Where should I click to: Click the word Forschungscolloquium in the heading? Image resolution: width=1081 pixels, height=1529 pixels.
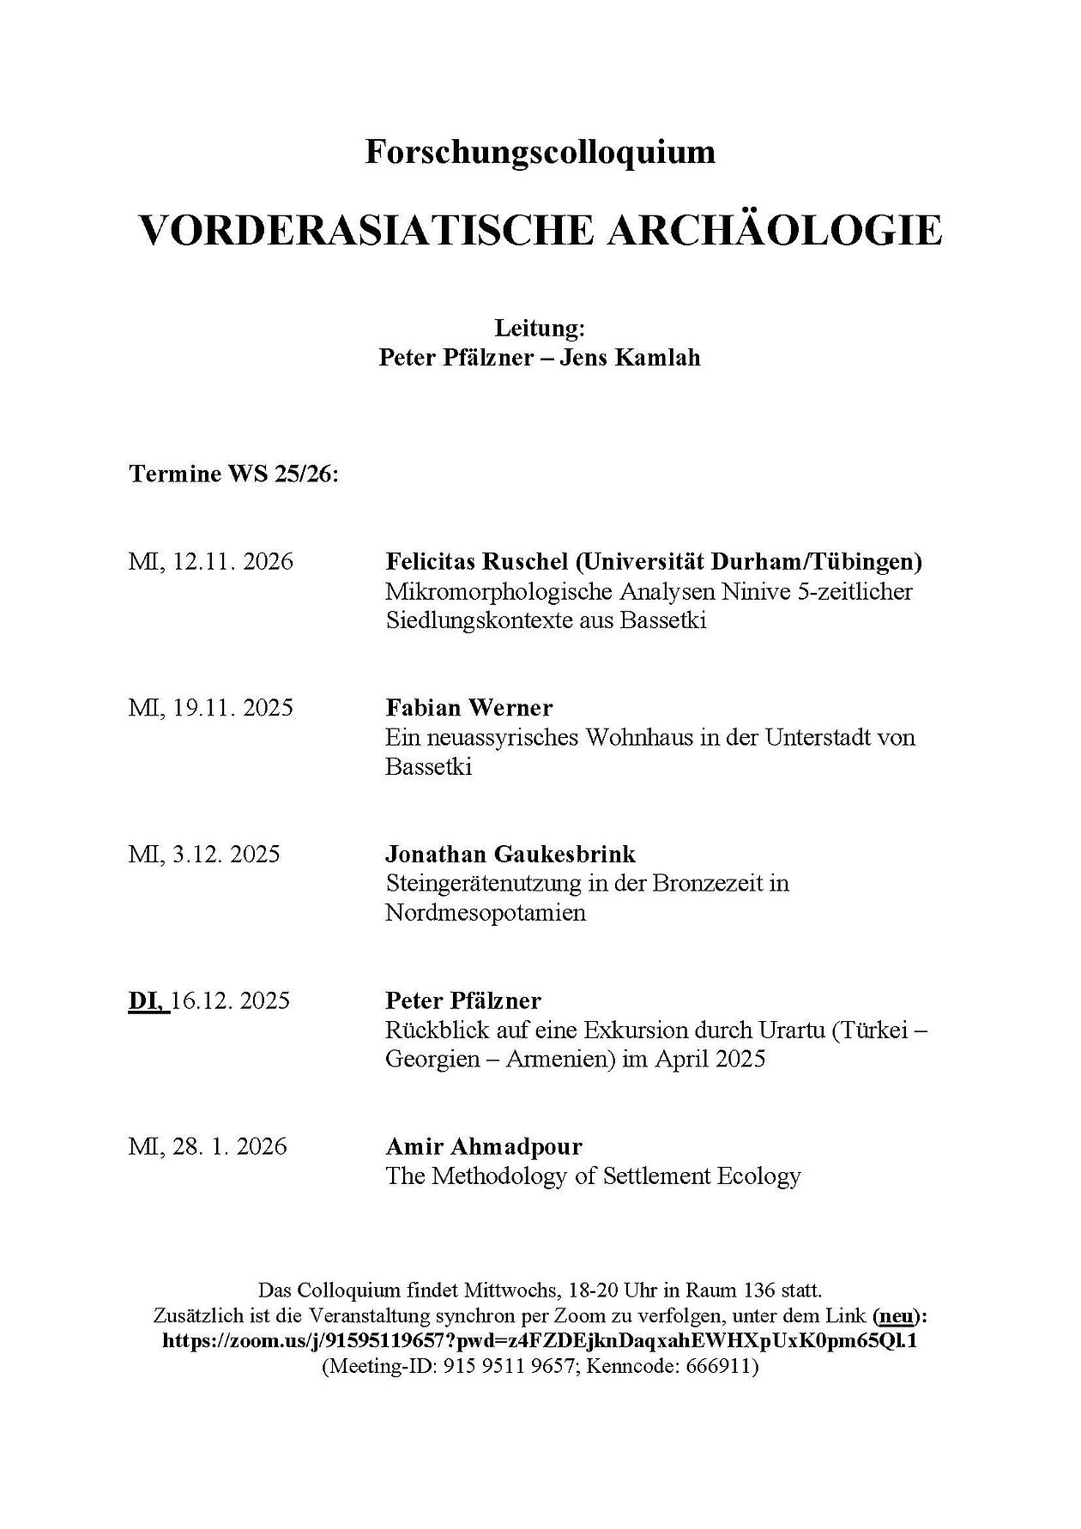pos(540,153)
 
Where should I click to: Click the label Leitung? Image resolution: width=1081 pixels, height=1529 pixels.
pos(540,328)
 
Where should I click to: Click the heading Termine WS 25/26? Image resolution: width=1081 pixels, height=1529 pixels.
pos(234,474)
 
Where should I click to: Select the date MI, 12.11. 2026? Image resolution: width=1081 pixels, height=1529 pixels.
pos(211,562)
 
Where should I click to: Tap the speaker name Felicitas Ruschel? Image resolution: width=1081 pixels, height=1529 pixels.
pos(477,562)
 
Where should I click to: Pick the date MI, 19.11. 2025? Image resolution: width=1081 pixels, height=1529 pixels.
pos(211,708)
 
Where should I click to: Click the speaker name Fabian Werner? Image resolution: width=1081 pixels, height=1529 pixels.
pos(469,708)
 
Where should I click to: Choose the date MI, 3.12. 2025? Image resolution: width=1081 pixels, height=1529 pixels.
pos(204,854)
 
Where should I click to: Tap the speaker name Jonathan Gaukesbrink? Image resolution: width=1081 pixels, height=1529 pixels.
pos(510,854)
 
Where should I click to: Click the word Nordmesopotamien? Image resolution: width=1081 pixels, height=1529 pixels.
pos(486,912)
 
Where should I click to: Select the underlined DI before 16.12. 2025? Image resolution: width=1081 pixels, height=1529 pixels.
pos(148,1000)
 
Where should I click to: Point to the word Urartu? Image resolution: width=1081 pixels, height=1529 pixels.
pos(786,1030)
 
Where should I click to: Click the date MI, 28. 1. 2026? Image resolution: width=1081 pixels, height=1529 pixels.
pos(208,1146)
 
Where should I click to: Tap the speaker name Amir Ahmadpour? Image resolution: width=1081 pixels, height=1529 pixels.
pos(484,1146)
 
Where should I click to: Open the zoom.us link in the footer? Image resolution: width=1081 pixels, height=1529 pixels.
pos(540,1340)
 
